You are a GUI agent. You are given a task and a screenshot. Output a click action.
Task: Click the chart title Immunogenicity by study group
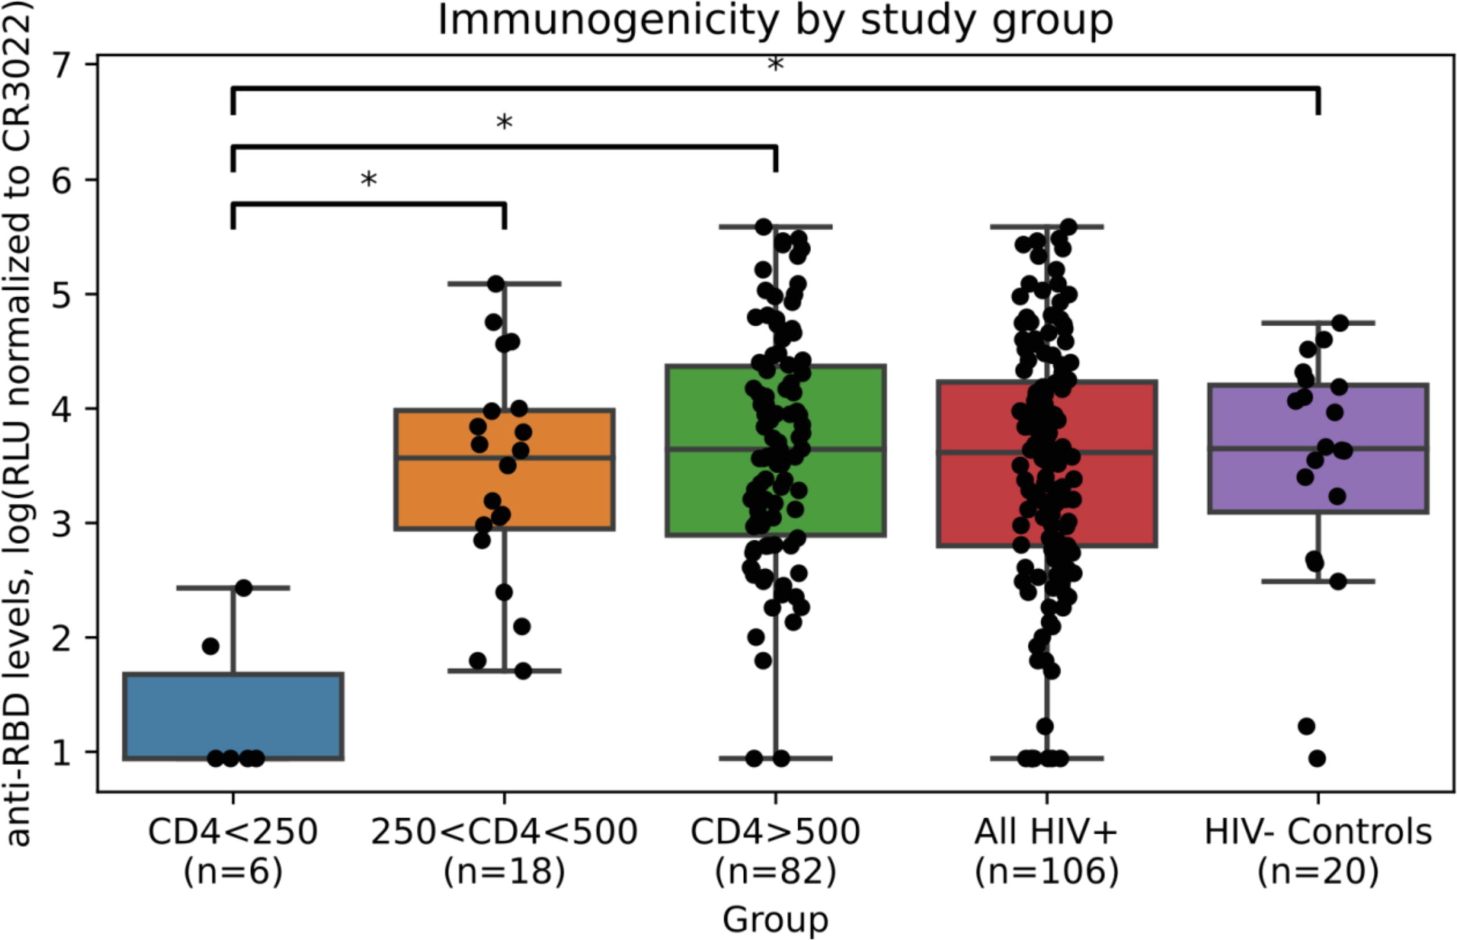coord(775,20)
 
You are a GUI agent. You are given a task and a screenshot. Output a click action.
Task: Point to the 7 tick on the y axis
coord(67,65)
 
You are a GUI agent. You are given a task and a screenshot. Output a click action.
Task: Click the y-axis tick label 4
coord(67,408)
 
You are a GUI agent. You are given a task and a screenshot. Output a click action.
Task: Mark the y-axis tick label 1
coord(67,752)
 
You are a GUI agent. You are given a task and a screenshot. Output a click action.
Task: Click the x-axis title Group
coord(775,920)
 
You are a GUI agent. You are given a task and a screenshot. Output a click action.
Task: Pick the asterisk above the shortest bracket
coord(369,180)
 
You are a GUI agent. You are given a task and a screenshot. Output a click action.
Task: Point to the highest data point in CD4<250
coord(244,588)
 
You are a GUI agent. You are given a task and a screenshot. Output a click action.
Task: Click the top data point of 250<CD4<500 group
coord(496,284)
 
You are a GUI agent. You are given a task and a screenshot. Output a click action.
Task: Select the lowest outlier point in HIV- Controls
coord(1317,759)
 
